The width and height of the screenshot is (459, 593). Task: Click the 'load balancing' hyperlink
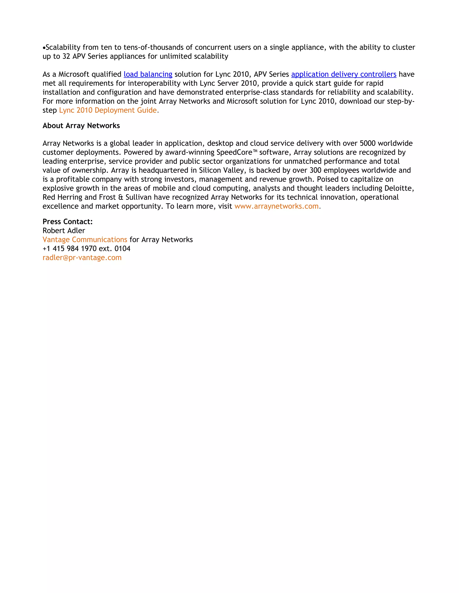148,74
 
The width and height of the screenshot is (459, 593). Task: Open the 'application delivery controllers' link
344,74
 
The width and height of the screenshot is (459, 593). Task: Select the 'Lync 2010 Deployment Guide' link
108,110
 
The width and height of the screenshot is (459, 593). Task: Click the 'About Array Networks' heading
81,126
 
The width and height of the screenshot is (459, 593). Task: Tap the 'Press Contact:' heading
67,222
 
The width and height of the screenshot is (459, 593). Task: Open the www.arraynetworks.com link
277,206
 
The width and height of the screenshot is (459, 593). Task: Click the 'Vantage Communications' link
85,239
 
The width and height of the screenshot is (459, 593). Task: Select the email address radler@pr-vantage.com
82,257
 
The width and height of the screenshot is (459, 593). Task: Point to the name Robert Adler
64,230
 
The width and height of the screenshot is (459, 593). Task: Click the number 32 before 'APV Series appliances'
66,56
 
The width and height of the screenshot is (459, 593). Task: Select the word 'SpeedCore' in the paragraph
234,152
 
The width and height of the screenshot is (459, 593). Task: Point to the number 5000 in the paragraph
368,143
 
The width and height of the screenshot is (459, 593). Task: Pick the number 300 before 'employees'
315,170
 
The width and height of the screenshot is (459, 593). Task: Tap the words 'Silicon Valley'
221,170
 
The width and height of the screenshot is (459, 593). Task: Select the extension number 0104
122,248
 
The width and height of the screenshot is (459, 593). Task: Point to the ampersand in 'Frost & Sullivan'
121,197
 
